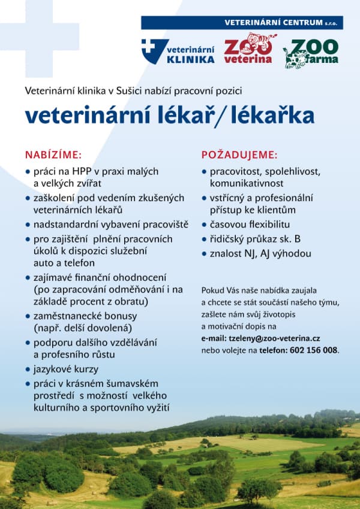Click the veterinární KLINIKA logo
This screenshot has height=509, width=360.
[178, 51]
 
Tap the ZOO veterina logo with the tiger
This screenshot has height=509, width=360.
[248, 49]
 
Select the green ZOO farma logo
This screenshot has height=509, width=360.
[311, 52]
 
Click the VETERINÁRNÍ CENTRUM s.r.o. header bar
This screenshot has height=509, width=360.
[242, 23]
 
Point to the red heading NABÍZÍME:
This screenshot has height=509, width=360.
[53, 154]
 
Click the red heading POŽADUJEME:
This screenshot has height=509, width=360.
[239, 154]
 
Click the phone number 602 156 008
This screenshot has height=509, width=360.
[314, 350]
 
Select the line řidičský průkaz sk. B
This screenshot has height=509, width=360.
[255, 239]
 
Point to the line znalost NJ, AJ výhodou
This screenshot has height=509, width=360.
[260, 253]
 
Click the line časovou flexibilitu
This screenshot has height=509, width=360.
[250, 225]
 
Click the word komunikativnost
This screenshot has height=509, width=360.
[247, 183]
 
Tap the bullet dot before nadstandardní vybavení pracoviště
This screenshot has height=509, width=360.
[28, 225]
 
